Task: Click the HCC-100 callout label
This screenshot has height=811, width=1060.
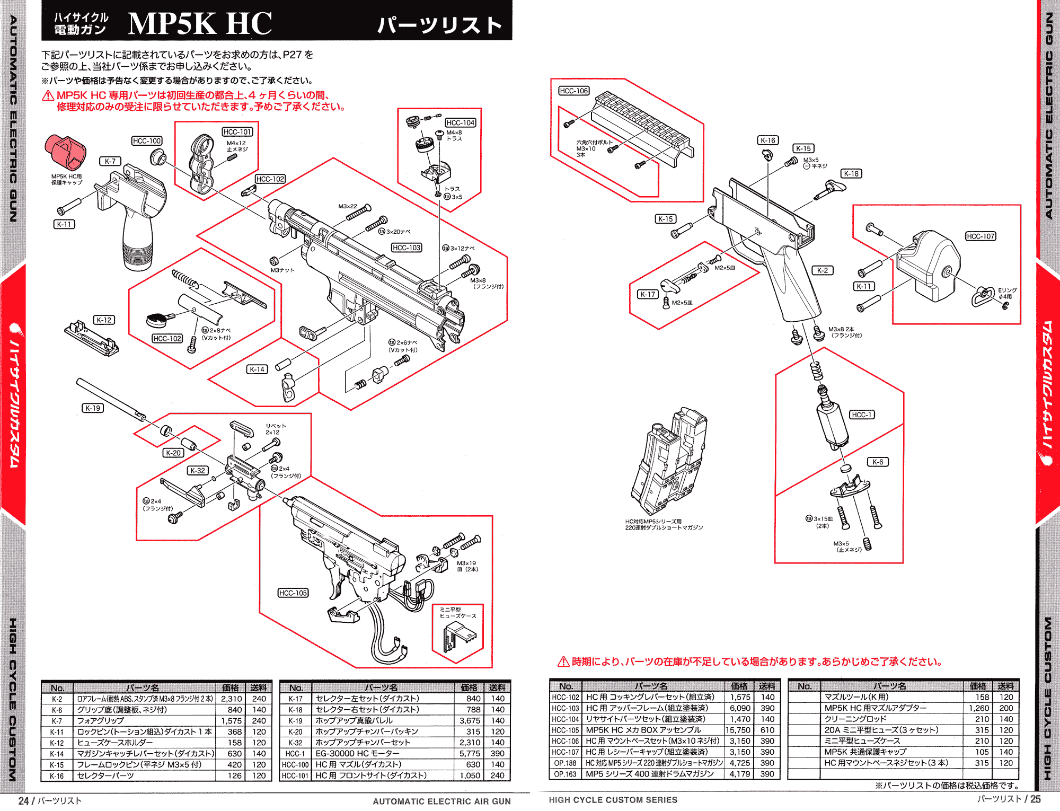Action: [x=147, y=141]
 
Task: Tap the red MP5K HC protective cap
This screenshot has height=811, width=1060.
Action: [x=65, y=151]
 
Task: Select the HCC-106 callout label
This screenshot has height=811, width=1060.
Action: [x=574, y=91]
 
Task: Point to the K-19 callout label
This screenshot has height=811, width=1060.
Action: [x=93, y=408]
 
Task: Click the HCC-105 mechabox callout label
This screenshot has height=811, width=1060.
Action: [x=293, y=593]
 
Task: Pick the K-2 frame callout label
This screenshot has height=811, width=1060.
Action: [x=822, y=270]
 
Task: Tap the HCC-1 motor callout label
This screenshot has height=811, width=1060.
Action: [x=862, y=415]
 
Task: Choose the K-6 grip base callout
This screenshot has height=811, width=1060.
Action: [x=878, y=462]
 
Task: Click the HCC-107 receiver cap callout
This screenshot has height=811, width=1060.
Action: [x=980, y=236]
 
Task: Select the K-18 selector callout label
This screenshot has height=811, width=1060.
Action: [x=851, y=174]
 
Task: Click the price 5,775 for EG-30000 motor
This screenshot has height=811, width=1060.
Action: [x=470, y=754]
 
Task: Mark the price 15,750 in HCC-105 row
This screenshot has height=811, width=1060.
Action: [x=738, y=730]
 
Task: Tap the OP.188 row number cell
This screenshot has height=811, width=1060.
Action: [x=565, y=763]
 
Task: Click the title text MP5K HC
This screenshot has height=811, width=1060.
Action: [x=200, y=23]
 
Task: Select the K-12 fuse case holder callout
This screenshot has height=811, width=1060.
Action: [x=104, y=320]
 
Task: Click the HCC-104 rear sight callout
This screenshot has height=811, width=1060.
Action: [x=461, y=123]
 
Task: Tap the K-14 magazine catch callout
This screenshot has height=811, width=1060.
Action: [x=257, y=369]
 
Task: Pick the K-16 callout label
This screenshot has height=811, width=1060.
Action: [x=768, y=140]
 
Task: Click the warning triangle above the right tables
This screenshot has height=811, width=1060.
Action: [x=563, y=662]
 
